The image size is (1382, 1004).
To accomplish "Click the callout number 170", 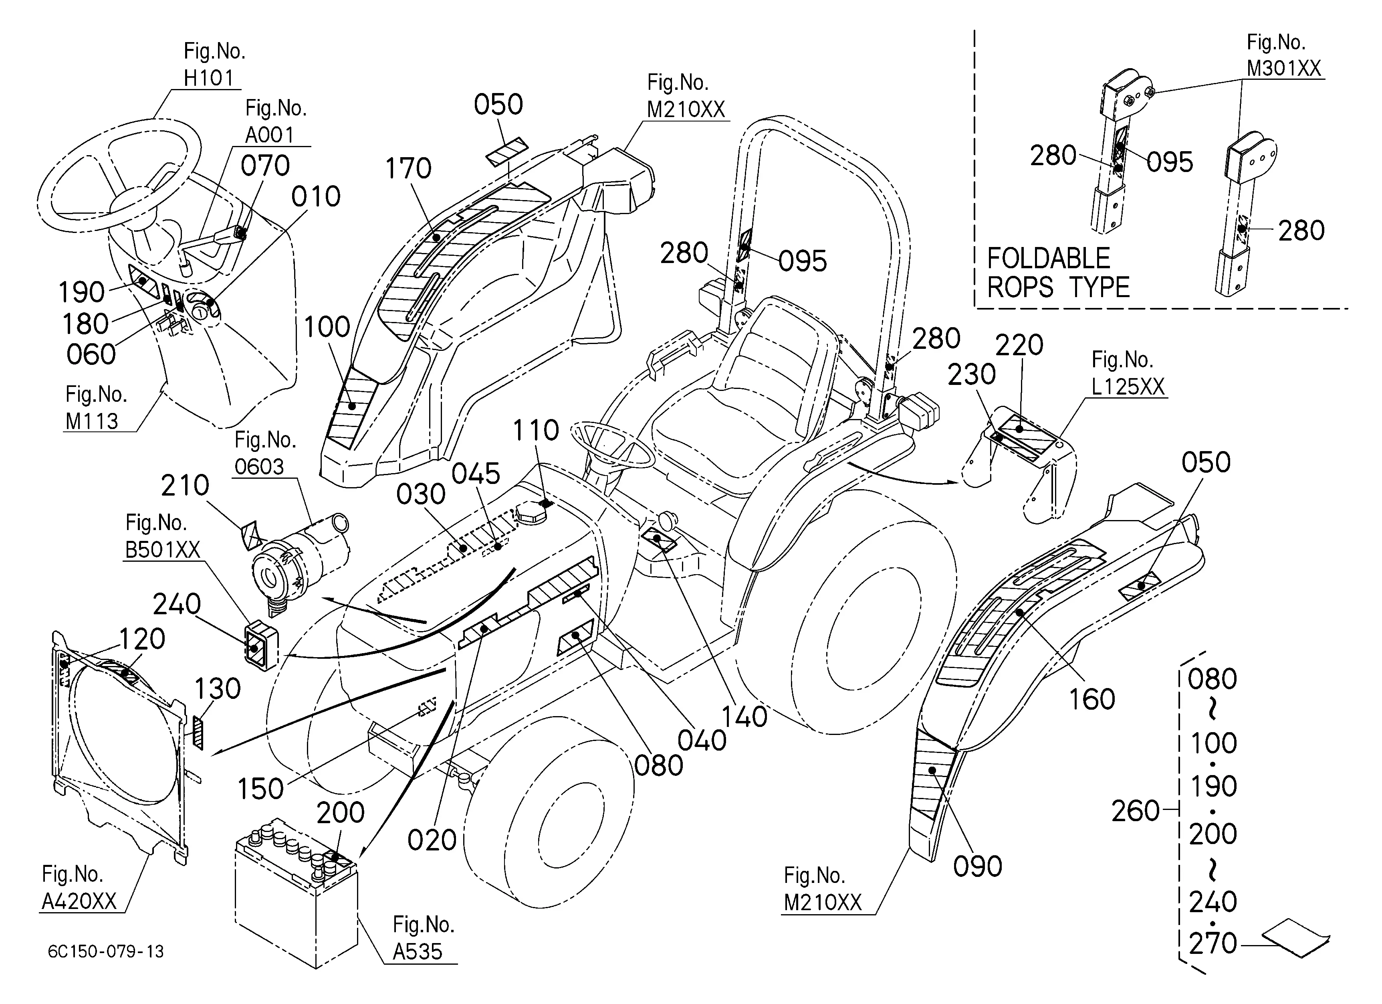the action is [x=408, y=169].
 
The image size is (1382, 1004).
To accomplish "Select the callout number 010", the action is [x=316, y=197].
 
